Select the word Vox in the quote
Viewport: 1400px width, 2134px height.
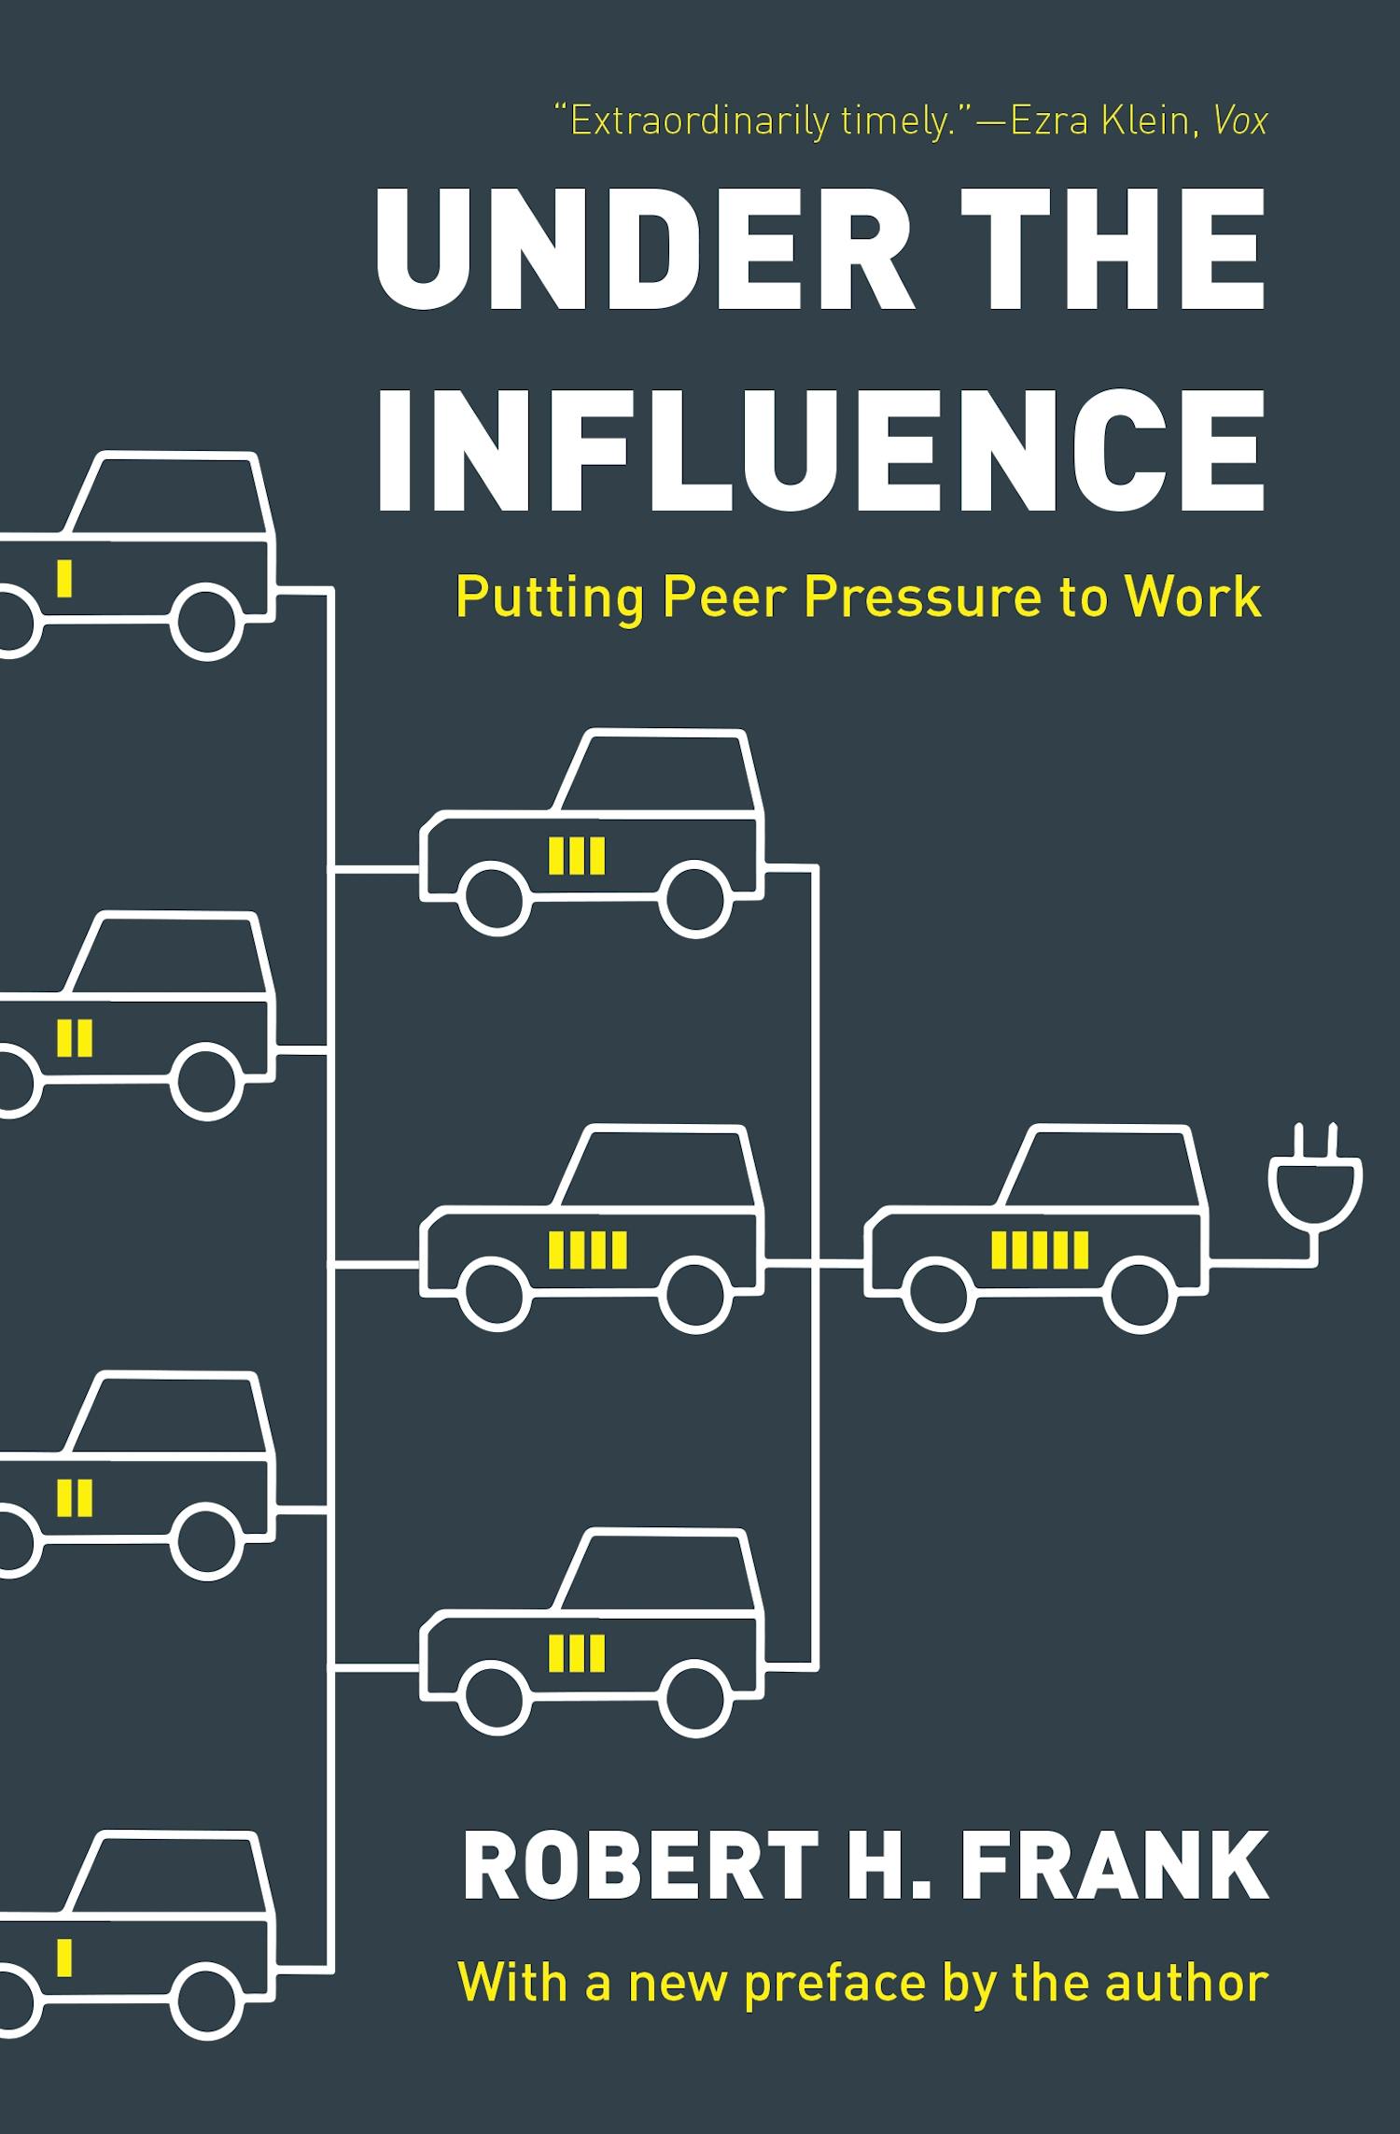1240,122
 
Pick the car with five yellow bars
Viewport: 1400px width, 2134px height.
1036,1228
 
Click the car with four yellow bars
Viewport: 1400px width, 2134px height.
592,1228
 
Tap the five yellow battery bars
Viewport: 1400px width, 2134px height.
1040,1250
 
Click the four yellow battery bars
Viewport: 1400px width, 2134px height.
588,1250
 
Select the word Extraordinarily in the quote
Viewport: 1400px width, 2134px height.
697,122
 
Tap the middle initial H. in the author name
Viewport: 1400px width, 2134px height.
877,1866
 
